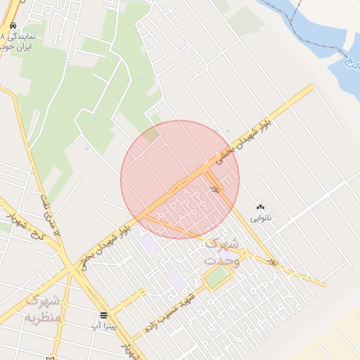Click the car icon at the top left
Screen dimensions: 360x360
pyautogui.click(x=13, y=25)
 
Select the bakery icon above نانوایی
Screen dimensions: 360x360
pyautogui.click(x=262, y=207)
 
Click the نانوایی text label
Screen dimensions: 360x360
pyautogui.click(x=269, y=219)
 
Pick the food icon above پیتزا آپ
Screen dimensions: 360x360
pyautogui.click(x=104, y=315)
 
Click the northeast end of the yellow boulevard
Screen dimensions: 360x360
pyautogui.click(x=311, y=87)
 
